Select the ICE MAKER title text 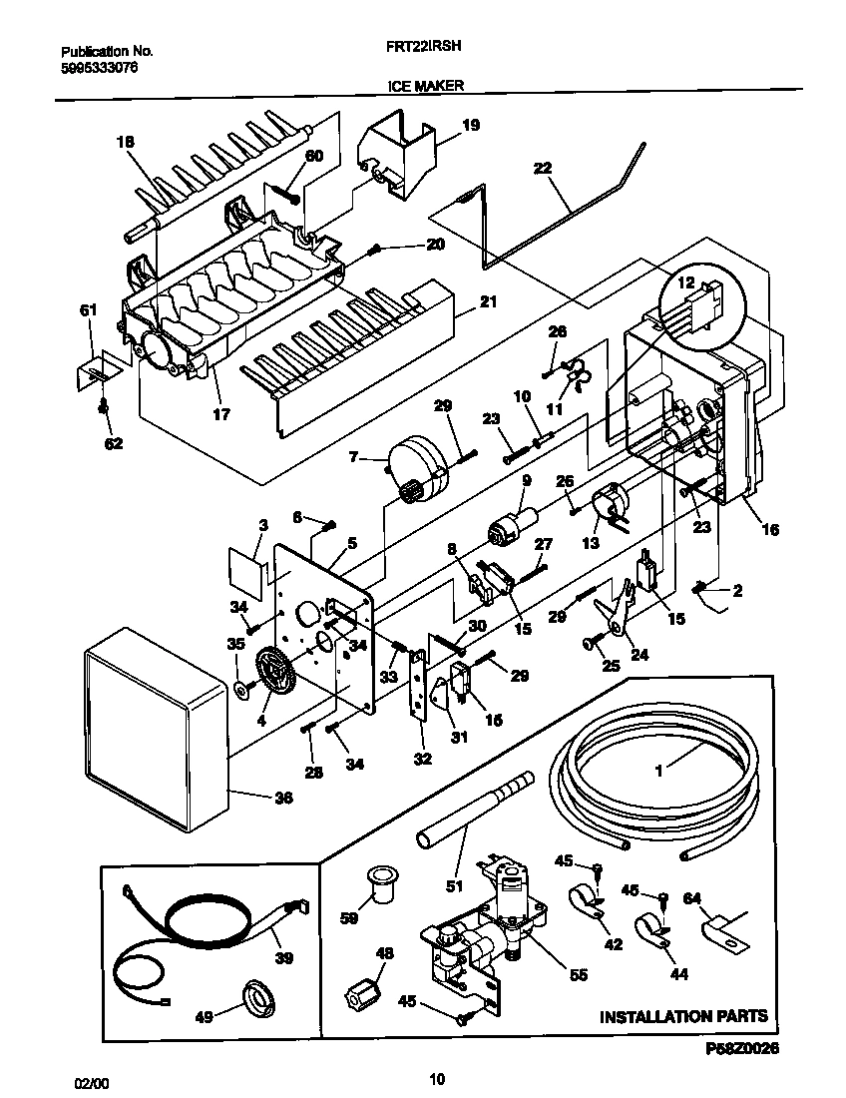[x=425, y=87]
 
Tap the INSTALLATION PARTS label [x=683, y=1016]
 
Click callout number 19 [x=471, y=125]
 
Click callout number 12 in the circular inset [x=685, y=283]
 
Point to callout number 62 [x=114, y=443]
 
